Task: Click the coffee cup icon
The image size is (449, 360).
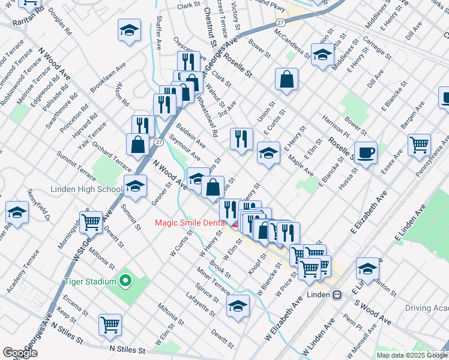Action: click(x=366, y=152)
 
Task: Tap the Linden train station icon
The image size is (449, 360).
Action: click(x=337, y=295)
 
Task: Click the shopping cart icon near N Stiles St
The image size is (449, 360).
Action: click(x=110, y=325)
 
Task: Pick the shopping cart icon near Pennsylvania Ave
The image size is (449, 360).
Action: click(x=419, y=144)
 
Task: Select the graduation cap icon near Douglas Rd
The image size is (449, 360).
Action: click(x=129, y=31)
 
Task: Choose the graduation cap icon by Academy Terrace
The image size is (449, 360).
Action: click(x=17, y=212)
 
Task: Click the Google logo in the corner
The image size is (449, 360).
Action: click(x=20, y=353)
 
